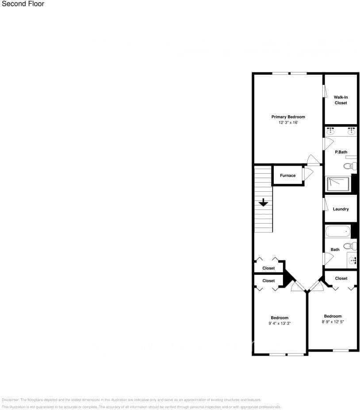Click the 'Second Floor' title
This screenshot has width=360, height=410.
click(23, 4)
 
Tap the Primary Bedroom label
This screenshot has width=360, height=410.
click(288, 117)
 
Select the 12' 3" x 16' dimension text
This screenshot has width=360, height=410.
click(288, 122)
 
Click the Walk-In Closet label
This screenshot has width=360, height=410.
click(341, 100)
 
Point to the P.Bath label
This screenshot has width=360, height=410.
click(341, 152)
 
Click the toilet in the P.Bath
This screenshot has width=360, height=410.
click(350, 166)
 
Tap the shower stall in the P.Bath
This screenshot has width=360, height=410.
click(338, 183)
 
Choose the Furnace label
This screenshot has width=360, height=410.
click(287, 175)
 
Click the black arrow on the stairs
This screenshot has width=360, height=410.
click(264, 203)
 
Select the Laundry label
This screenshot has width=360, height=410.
click(341, 209)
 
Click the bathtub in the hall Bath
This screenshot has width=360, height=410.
click(338, 231)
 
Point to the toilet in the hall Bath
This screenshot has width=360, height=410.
click(350, 246)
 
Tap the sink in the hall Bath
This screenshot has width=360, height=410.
click(353, 261)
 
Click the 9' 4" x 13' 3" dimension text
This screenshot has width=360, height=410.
click(280, 323)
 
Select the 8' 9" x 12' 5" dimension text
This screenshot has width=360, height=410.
click(333, 322)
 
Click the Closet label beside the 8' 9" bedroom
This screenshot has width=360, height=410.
click(341, 278)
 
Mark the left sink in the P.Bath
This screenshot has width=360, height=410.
click(330, 131)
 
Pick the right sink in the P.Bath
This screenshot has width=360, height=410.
click(351, 131)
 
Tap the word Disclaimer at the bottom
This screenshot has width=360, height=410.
click(10, 399)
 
